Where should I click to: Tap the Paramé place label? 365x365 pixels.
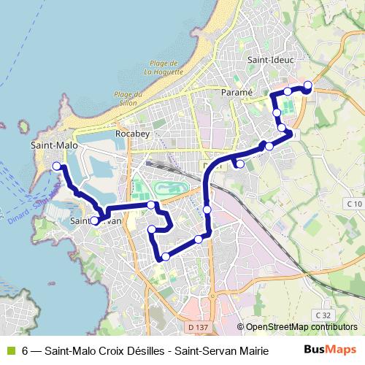(236, 93)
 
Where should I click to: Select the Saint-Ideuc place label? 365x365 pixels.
(269, 60)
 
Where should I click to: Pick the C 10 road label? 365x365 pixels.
(355, 203)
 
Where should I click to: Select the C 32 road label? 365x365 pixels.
(323, 315)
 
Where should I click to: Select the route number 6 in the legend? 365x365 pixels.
(25, 350)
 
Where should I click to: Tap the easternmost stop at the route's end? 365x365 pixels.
(307, 85)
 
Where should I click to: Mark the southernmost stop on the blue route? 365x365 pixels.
(165, 256)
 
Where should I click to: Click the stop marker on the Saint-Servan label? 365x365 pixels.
(94, 220)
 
